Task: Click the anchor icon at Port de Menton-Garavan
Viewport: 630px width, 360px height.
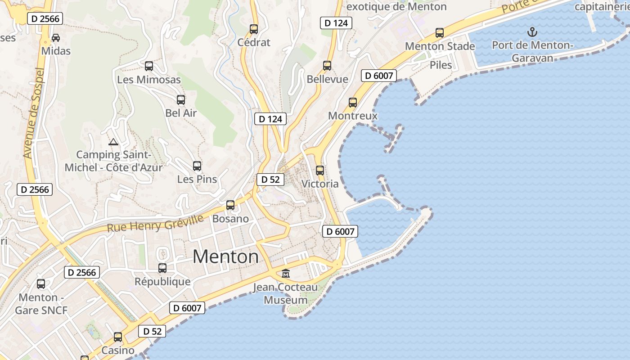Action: tap(532, 32)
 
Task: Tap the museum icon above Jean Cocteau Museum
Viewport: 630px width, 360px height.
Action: tap(285, 273)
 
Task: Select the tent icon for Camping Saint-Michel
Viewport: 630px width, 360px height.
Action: tap(113, 142)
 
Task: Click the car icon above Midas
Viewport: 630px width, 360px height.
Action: tap(56, 38)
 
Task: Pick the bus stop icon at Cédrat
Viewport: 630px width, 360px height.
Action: tap(254, 29)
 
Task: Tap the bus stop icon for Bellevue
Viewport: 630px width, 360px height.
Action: tap(327, 66)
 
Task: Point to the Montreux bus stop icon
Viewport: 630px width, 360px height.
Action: tap(353, 103)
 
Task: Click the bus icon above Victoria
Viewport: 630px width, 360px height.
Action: tap(320, 171)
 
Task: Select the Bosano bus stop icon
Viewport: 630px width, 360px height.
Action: tap(230, 205)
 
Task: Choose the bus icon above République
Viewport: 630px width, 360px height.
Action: tap(162, 268)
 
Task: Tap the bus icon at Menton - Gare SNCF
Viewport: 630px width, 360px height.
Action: tap(41, 284)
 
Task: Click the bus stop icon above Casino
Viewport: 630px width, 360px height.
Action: tap(118, 337)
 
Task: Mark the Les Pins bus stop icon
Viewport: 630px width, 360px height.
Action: tap(197, 166)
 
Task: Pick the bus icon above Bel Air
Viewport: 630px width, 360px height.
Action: tap(181, 100)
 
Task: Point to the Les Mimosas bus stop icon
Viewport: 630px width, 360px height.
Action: tap(149, 66)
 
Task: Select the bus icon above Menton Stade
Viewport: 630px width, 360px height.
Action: tap(440, 33)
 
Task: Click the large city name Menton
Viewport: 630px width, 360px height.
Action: tap(226, 256)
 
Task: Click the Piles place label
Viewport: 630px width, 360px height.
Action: tap(441, 65)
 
